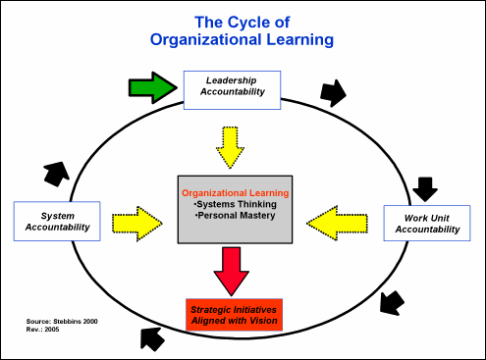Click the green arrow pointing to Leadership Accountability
[153, 87]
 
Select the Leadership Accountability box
[232, 90]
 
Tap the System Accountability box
[57, 221]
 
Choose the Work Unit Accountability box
[427, 223]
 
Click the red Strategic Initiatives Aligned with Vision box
[234, 315]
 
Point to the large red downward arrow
[232, 271]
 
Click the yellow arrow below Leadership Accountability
[230, 147]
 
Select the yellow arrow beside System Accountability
[137, 224]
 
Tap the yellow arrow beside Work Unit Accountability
[337, 224]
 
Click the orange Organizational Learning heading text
[236, 193]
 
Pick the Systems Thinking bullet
[236, 204]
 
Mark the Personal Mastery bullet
[236, 216]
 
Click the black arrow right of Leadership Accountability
[333, 93]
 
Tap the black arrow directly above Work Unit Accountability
[425, 189]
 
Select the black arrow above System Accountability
[56, 174]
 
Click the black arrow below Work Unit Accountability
[392, 303]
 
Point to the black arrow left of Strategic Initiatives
[152, 339]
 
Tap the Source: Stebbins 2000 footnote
[62, 322]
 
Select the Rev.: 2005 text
[42, 330]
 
